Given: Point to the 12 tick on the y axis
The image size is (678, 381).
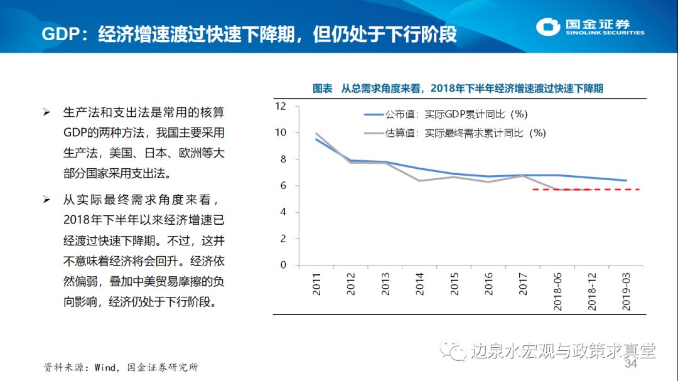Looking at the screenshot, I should [x=281, y=106].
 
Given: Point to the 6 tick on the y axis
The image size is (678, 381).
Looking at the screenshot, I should [x=282, y=186].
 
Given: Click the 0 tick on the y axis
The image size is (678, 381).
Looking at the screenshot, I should [x=282, y=265].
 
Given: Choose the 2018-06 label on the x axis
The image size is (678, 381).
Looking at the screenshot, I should [x=557, y=291].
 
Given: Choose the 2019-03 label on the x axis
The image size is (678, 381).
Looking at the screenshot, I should [x=626, y=291].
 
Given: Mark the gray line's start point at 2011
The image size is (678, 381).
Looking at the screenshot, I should [x=316, y=133].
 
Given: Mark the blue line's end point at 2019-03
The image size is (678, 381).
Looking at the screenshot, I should [x=626, y=180].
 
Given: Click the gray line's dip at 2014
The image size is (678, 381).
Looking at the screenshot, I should [x=419, y=181].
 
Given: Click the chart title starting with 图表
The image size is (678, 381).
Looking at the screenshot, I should [x=458, y=89].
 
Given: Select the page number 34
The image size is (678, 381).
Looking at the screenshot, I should [x=630, y=365].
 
